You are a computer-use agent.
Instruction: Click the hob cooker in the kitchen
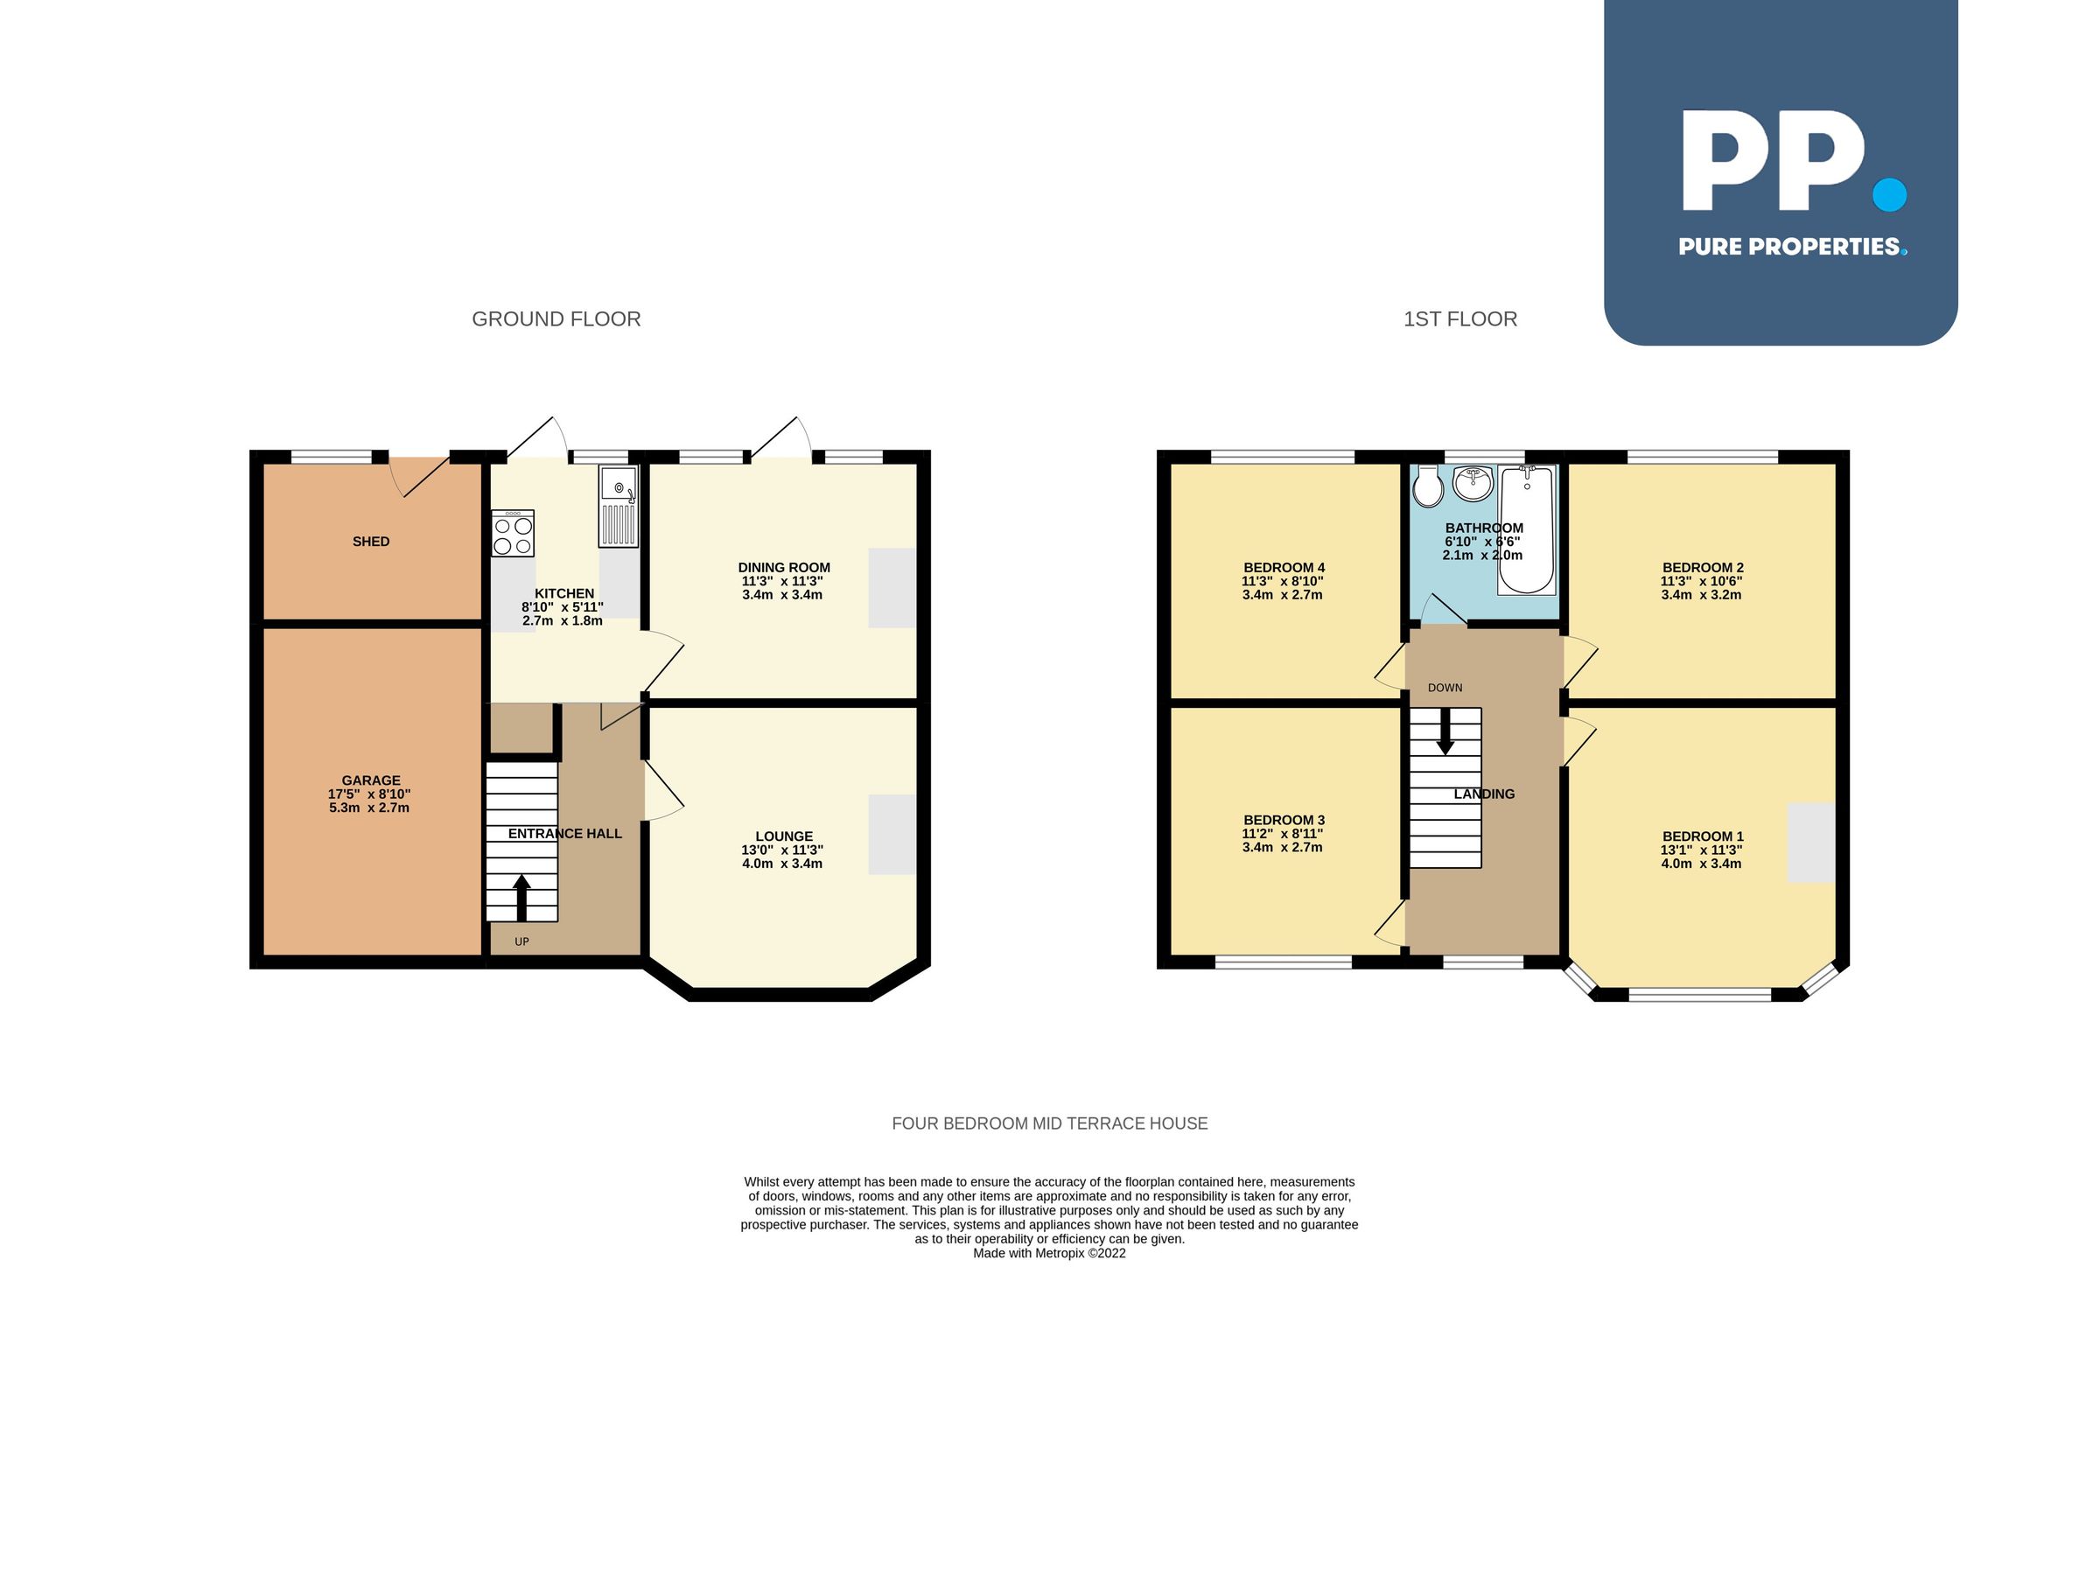click(x=513, y=534)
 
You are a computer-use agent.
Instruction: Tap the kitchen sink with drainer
click(x=618, y=507)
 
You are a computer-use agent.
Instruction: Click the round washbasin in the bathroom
click(x=1473, y=484)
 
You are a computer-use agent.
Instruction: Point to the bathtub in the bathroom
click(x=1527, y=532)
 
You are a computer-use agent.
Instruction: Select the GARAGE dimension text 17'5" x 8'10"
click(x=369, y=794)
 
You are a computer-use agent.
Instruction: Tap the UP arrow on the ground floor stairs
click(x=521, y=897)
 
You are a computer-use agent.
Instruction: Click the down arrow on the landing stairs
click(x=1445, y=734)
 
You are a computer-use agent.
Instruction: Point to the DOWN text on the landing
click(x=1445, y=689)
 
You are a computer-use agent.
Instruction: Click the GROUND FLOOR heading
click(x=556, y=320)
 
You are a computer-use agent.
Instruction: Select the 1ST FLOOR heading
click(x=1460, y=320)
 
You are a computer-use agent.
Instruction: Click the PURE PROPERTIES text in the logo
click(x=1789, y=248)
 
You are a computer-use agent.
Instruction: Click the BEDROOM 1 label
click(x=1702, y=837)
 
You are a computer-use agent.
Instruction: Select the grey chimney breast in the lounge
click(x=892, y=835)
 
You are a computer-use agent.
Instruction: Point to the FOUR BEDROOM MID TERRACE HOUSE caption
click(x=1049, y=1124)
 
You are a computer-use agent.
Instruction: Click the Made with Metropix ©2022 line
click(x=1049, y=1253)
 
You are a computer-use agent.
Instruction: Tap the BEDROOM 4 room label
click(x=1284, y=568)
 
